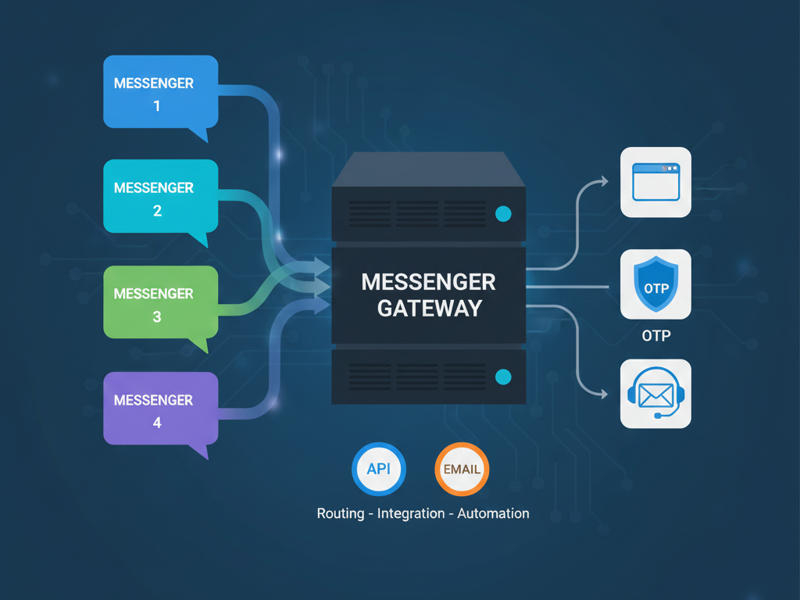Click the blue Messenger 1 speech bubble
(160, 92)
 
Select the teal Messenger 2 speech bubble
(160, 197)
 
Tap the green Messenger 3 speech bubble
(160, 302)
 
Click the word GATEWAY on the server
(429, 308)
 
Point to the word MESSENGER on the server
(429, 282)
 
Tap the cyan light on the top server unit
(503, 213)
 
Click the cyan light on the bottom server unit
(503, 377)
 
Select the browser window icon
(655, 182)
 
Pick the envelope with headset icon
(655, 394)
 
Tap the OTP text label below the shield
(655, 336)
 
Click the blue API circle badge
(379, 470)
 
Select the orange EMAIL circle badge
(462, 470)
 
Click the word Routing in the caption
(340, 513)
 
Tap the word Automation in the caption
(493, 513)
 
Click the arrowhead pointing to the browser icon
(603, 181)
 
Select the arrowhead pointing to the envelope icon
(603, 395)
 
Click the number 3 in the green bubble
(157, 317)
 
